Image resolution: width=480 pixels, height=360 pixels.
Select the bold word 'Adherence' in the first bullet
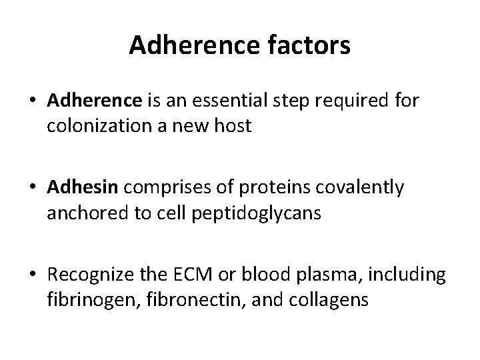pyautogui.click(x=95, y=101)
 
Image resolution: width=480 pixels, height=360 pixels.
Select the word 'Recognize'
pyautogui.click(x=94, y=275)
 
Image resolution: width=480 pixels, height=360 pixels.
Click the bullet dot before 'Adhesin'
pyautogui.click(x=31, y=189)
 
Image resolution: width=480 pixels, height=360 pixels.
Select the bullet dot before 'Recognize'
pyautogui.click(x=31, y=275)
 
